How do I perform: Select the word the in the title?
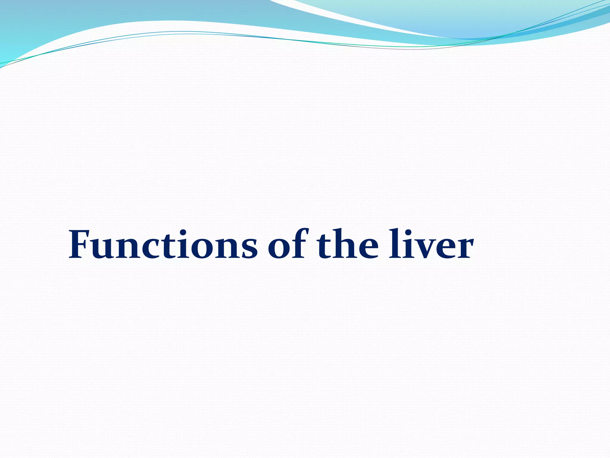(x=347, y=245)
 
